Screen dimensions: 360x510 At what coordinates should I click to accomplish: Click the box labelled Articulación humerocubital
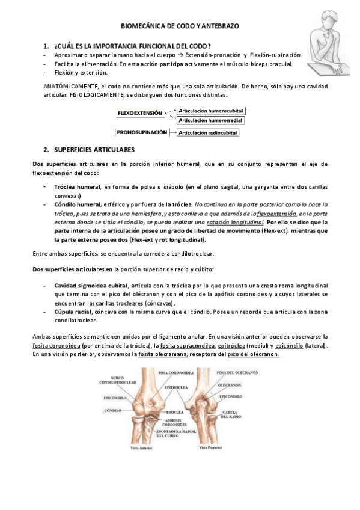[x=214, y=111]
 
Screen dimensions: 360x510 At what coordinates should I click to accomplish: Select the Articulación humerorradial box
[x=213, y=120]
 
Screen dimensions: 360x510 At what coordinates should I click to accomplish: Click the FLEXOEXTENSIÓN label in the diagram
[x=140, y=112]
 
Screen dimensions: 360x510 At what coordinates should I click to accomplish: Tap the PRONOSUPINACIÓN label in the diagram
[x=142, y=131]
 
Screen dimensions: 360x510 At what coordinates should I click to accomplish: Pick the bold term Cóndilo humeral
[x=77, y=204]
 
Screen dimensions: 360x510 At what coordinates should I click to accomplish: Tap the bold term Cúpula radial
[x=72, y=312]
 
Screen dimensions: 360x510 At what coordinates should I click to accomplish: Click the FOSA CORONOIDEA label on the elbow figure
[x=162, y=373]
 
